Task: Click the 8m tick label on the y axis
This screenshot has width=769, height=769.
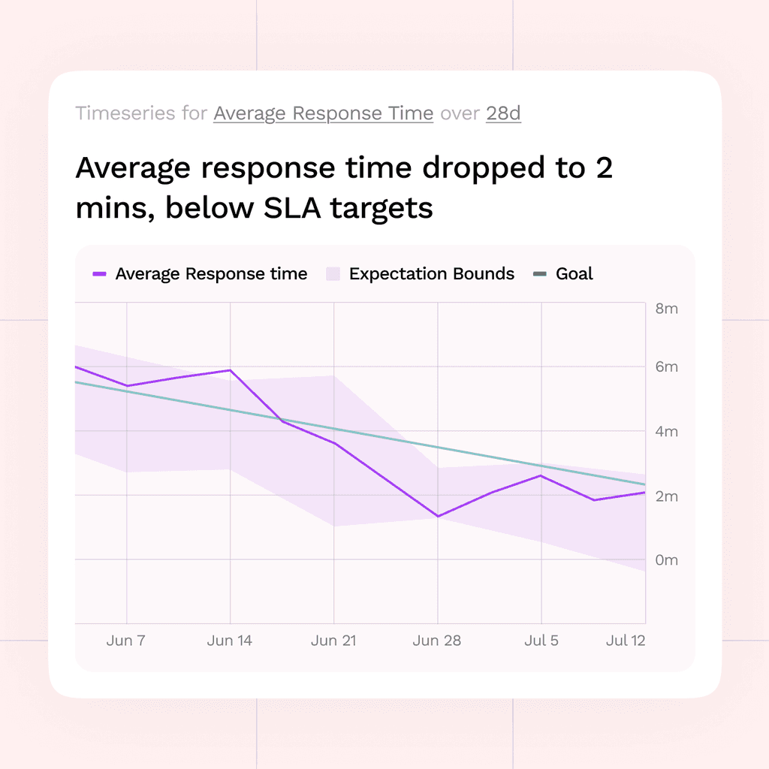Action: [667, 309]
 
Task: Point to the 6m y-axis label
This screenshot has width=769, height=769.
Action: [667, 366]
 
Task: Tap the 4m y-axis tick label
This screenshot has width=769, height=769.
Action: [667, 432]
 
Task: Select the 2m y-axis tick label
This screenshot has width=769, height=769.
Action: [667, 496]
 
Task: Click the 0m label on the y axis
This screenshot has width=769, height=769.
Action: [667, 560]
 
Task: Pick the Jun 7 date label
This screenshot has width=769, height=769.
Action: [126, 641]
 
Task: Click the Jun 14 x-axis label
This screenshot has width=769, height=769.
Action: [230, 641]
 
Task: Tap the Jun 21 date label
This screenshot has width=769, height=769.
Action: [333, 641]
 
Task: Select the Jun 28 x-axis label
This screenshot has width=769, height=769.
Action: [437, 641]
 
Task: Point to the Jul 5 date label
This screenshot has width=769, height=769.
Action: [541, 641]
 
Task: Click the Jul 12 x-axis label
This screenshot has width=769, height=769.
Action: [626, 641]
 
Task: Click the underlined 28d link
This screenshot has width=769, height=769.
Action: [503, 113]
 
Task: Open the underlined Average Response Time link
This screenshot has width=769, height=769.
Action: [323, 114]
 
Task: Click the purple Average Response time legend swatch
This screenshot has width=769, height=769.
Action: [100, 274]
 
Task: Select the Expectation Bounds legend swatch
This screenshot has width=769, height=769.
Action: [333, 274]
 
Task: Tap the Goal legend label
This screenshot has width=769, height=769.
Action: [574, 273]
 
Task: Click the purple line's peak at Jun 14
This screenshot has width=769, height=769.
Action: [230, 370]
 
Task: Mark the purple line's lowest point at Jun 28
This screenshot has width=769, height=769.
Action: [438, 516]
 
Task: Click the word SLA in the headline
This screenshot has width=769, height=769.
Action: [292, 208]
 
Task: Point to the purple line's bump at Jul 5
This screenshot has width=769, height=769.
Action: [541, 475]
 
